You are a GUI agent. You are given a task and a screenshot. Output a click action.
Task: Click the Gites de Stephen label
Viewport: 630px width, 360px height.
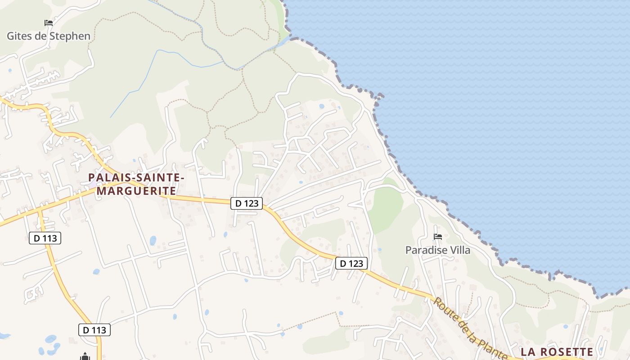point(49,36)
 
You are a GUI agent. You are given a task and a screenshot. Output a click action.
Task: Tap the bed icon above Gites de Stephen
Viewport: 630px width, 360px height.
point(49,22)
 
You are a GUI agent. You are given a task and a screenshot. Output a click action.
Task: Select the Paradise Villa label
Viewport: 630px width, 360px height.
point(438,250)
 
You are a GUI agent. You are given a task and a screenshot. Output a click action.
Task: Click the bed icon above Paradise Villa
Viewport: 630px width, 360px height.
point(438,237)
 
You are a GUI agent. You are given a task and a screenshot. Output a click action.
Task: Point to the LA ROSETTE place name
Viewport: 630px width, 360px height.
point(557,352)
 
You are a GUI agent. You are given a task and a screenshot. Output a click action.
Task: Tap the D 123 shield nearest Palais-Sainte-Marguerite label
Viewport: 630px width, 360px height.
point(247,203)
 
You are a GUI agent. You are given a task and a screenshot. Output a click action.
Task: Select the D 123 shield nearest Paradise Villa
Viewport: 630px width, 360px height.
point(351,263)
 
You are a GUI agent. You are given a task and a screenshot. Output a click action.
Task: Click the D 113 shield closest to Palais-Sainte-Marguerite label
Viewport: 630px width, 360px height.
point(45,238)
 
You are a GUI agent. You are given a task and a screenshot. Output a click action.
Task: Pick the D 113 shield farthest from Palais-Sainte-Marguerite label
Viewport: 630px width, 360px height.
point(94,330)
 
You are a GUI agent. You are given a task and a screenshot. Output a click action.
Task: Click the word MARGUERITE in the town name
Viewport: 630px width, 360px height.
point(137,191)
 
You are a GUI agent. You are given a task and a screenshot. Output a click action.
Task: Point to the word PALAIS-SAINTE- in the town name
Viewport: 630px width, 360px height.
point(137,178)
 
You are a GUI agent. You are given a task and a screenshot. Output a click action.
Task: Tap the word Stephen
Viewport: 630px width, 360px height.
point(69,36)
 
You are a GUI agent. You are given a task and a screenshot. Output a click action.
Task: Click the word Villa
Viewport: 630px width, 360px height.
point(459,250)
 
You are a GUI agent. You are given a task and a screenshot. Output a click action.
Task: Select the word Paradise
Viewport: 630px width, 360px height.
point(425,250)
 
